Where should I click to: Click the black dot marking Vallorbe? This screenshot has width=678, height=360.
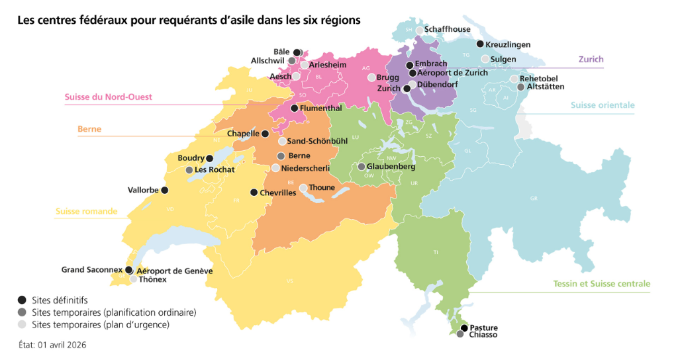click(165, 190)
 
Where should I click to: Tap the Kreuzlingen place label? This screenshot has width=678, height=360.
click(508, 44)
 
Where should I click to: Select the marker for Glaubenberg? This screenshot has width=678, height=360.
click(362, 167)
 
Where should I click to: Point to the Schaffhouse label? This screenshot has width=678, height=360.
click(447, 29)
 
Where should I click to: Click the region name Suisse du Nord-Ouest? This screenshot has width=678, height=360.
click(108, 97)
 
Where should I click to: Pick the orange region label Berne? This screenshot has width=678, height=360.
click(89, 129)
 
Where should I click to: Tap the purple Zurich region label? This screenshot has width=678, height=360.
click(591, 60)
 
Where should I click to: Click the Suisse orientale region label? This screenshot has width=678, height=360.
click(603, 105)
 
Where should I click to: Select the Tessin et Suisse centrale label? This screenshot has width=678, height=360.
click(601, 284)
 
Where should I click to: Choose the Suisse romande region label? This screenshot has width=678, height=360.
click(86, 212)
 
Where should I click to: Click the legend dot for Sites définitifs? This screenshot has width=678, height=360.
click(22, 300)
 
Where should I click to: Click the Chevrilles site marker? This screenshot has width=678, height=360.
click(254, 193)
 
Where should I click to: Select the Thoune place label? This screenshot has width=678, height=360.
click(322, 188)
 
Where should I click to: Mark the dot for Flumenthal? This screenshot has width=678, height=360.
click(294, 107)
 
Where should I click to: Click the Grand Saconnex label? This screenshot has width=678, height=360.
click(92, 270)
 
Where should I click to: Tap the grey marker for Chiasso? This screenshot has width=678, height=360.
click(460, 335)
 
